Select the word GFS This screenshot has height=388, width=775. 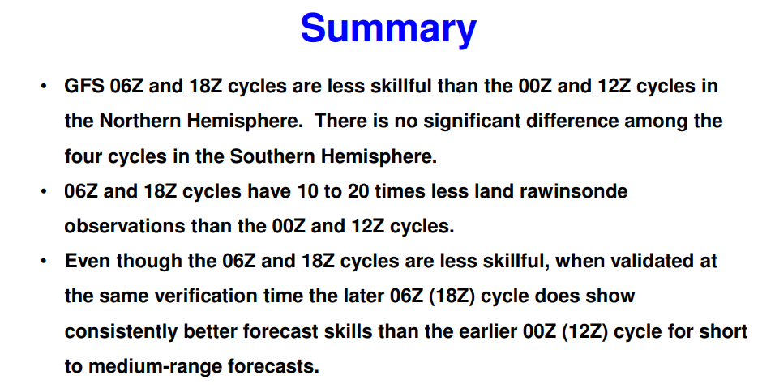84,87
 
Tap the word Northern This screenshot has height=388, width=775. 140,121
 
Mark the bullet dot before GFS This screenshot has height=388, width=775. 44,87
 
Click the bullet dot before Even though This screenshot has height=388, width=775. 44,261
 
